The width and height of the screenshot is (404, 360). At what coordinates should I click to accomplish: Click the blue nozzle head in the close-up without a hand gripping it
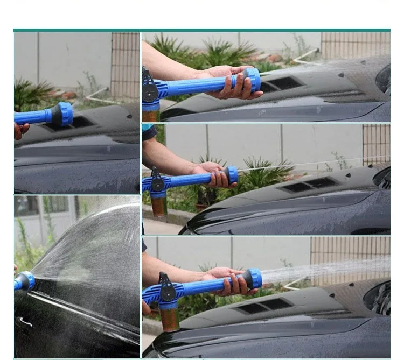click(x=64, y=114)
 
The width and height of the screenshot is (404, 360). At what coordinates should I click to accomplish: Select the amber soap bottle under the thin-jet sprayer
click(x=159, y=204)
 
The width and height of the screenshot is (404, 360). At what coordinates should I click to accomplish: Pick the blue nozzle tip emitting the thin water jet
click(x=232, y=174)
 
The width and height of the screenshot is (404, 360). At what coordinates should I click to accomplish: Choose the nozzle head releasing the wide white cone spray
click(x=254, y=278)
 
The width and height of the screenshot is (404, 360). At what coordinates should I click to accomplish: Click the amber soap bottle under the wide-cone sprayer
click(x=169, y=317)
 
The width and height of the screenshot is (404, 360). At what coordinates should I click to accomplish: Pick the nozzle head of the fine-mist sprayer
click(x=252, y=80)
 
